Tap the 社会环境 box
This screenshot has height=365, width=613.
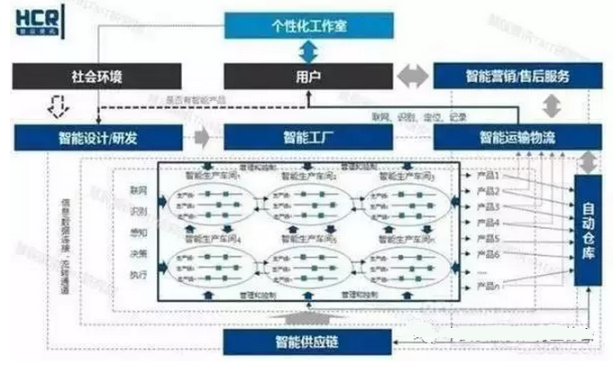click(x=98, y=76)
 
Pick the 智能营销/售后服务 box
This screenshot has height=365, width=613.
click(x=517, y=76)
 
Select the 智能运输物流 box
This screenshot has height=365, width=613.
click(x=517, y=138)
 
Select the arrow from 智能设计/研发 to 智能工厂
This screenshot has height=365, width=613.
click(x=204, y=138)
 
